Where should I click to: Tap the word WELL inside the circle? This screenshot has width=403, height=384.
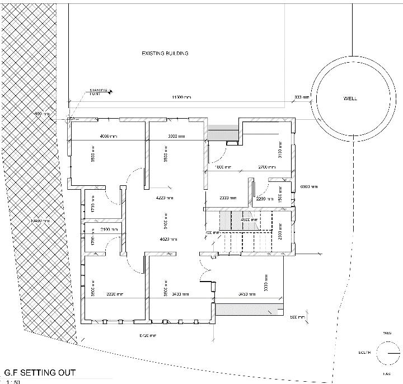[350, 99]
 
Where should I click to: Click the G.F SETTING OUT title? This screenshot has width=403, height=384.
[39, 372]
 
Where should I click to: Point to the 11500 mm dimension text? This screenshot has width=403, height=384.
[181, 98]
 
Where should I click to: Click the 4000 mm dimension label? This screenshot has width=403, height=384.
[109, 137]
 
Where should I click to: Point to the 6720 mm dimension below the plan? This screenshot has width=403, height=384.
[147, 336]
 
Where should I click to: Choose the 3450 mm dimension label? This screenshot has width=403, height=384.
[247, 294]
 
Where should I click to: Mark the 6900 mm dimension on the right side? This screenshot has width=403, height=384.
[308, 186]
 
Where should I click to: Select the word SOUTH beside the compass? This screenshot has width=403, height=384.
[364, 353]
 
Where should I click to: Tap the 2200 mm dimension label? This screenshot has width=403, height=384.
[264, 199]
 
